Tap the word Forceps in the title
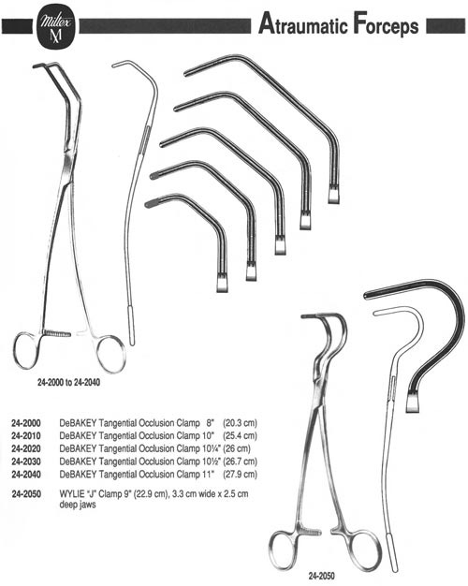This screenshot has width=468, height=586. click(386, 25)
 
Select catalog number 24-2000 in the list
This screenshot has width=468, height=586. click(26, 423)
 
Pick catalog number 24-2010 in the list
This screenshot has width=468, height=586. click(26, 436)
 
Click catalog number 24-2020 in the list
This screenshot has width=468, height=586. click(26, 448)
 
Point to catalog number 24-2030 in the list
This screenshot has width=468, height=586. click(26, 461)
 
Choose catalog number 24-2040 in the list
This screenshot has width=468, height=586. click(26, 475)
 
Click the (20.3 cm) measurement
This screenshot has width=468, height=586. click(240, 423)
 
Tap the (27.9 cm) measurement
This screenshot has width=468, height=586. click(240, 475)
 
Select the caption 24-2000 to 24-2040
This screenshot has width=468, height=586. click(68, 383)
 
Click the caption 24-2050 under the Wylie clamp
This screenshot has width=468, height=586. click(321, 576)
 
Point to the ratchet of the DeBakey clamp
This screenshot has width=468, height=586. click(57, 333)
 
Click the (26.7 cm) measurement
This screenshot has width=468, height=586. click(240, 461)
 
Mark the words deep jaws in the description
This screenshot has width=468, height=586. click(78, 505)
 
